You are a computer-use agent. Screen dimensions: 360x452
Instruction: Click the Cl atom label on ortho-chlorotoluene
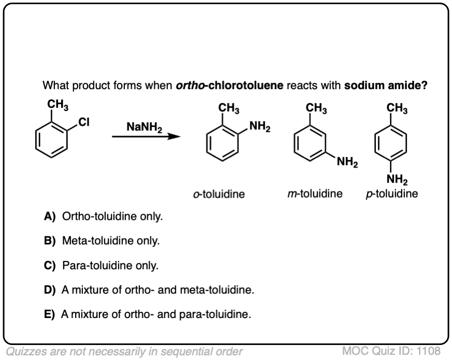click(84, 122)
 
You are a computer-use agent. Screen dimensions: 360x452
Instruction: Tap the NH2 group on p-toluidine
click(397, 180)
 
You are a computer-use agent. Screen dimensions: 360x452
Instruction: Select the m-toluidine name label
click(315, 194)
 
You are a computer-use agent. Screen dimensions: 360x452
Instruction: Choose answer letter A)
click(51, 216)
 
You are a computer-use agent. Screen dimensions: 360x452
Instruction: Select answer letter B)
click(51, 241)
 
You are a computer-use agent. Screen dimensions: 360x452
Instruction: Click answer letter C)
click(51, 266)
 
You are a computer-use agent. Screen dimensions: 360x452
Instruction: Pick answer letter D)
click(51, 289)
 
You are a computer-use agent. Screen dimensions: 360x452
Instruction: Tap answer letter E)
click(50, 314)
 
